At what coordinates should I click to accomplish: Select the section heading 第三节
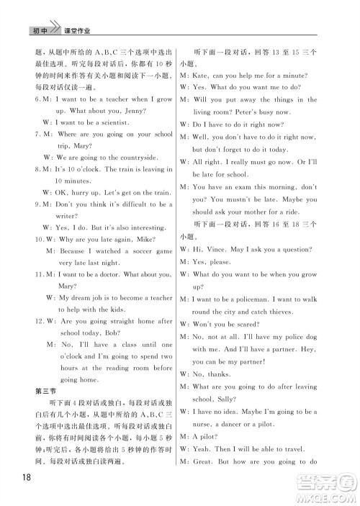45,391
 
